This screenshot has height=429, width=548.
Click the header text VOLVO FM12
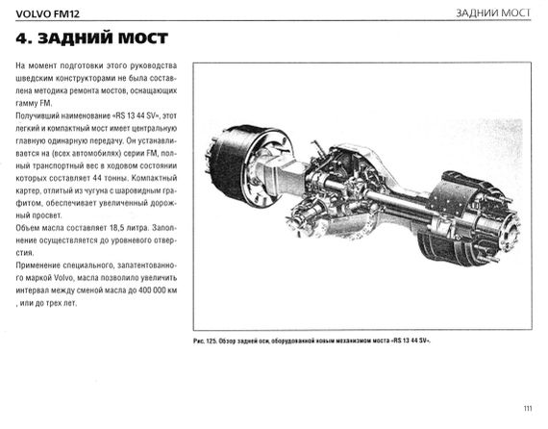click(x=47, y=14)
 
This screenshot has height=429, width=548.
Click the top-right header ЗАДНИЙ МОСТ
click(x=493, y=13)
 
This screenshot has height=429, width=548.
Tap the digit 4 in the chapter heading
click(x=21, y=38)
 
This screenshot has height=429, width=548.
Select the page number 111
click(x=528, y=408)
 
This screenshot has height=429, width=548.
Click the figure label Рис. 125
click(x=205, y=341)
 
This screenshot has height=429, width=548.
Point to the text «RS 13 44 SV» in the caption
click(x=411, y=341)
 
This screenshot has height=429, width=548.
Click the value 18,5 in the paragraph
click(x=118, y=228)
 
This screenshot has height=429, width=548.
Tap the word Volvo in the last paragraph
click(x=63, y=278)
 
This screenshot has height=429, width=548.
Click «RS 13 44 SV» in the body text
click(x=136, y=115)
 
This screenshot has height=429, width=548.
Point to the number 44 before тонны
click(x=97, y=178)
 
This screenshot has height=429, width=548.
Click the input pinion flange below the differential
click(x=302, y=218)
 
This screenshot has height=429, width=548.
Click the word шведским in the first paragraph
click(x=34, y=78)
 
